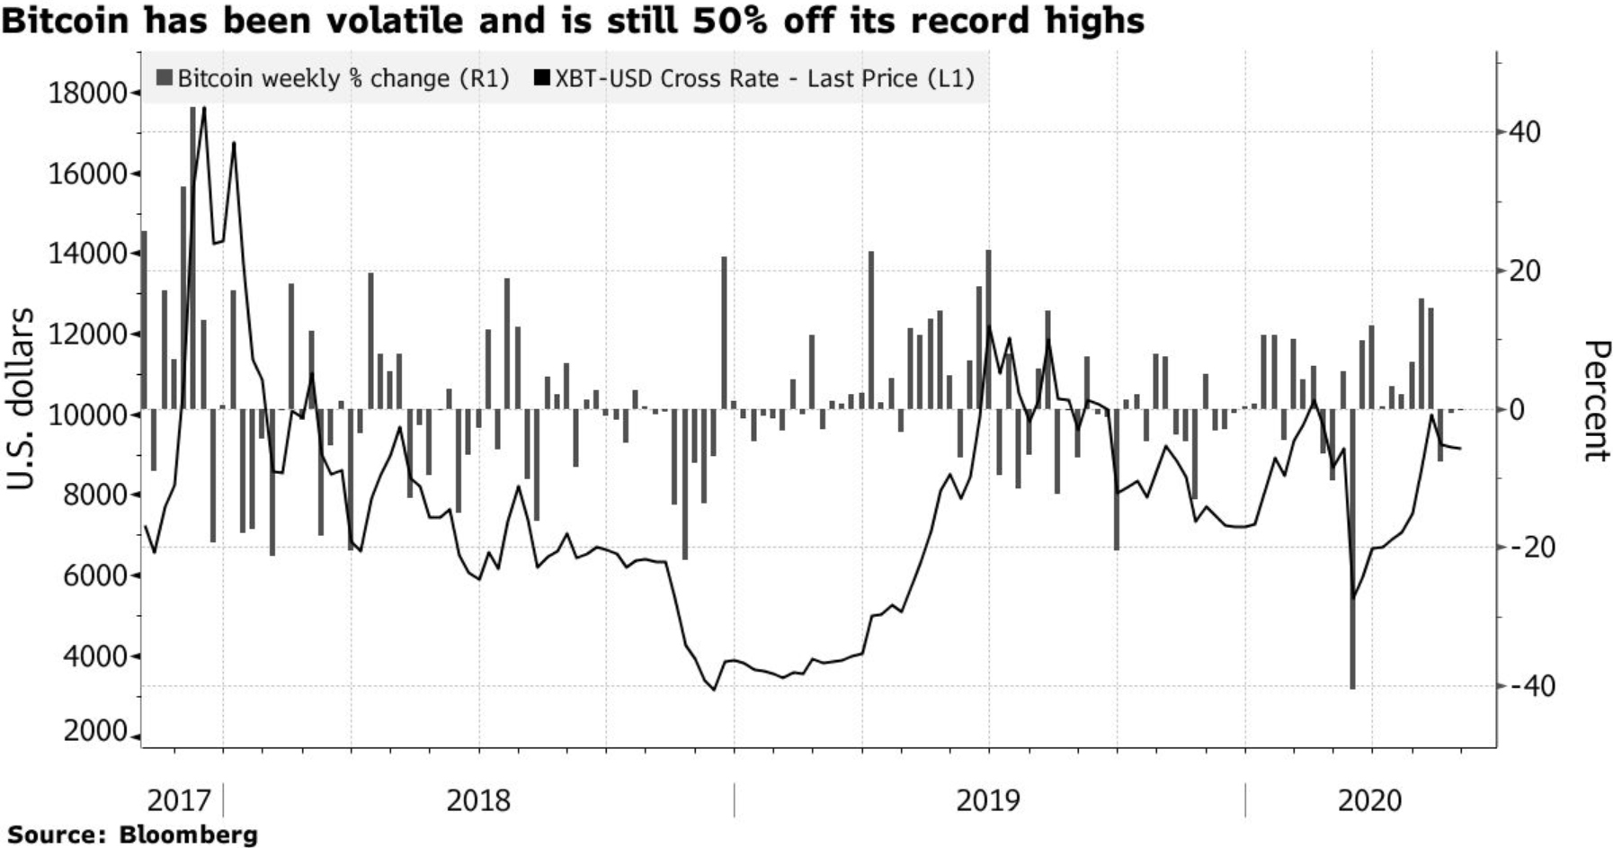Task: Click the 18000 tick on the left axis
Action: [86, 94]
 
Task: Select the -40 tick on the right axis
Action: [1529, 687]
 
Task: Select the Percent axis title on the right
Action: [1594, 401]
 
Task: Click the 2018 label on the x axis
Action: [477, 799]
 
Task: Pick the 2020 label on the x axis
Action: [1369, 799]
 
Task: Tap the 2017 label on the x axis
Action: [178, 799]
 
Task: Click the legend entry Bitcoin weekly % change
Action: [333, 78]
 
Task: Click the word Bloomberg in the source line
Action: [188, 835]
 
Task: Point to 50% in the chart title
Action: [731, 20]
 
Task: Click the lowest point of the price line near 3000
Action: [714, 690]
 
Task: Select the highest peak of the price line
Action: [204, 109]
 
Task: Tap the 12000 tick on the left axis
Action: [86, 335]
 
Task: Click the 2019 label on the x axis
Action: [988, 799]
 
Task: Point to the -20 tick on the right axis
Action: [1529, 548]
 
